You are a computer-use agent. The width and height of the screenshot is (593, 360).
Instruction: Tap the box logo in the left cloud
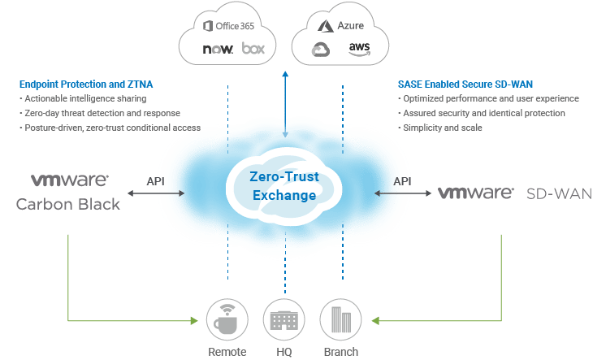(x=253, y=49)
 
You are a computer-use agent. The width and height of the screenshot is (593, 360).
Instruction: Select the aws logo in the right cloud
(x=358, y=48)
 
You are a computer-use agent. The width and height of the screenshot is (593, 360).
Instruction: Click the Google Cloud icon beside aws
(x=321, y=51)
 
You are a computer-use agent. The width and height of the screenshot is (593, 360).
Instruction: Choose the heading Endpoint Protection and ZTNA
(x=84, y=85)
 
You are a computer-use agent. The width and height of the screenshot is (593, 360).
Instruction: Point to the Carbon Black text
(x=68, y=204)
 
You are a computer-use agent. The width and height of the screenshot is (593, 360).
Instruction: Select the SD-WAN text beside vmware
(x=560, y=193)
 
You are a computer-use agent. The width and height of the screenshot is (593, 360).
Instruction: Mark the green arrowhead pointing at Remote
(x=193, y=322)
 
